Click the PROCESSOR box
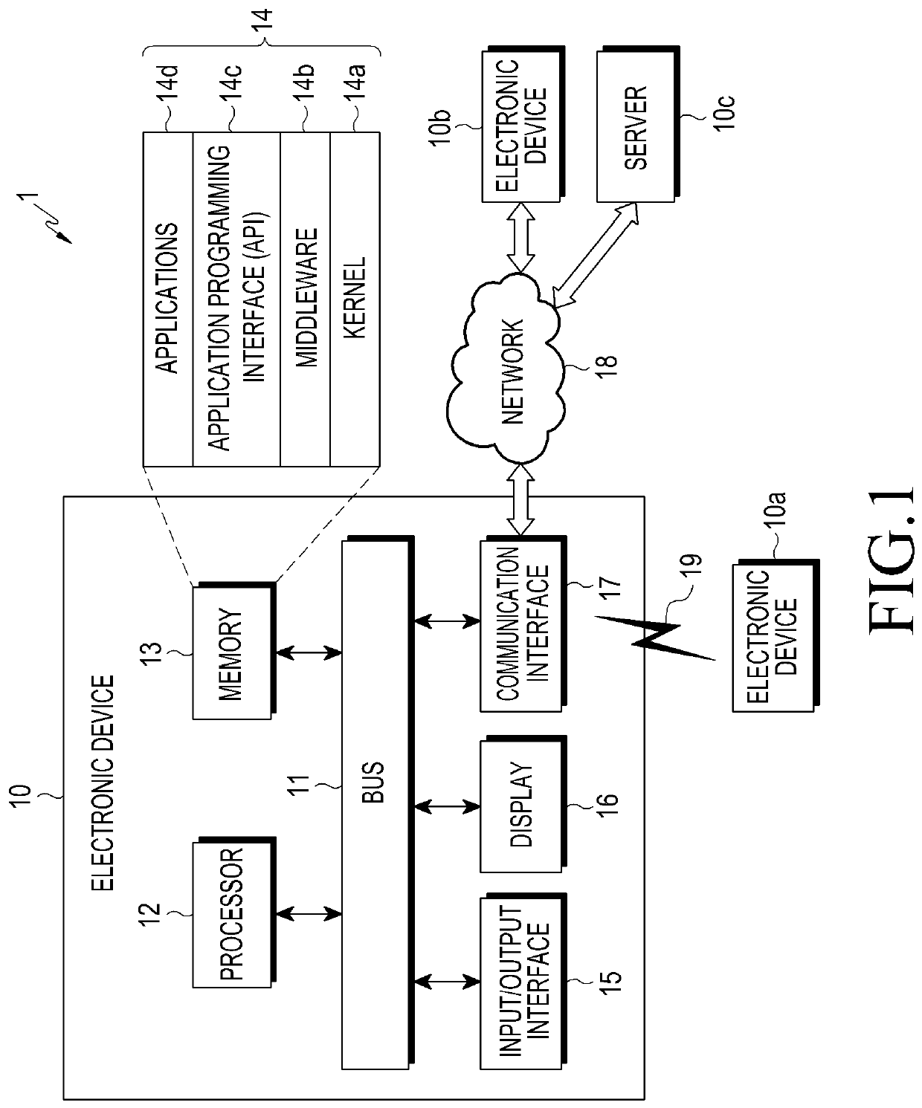tap(234, 913)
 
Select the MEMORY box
tap(234, 652)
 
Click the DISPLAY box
tap(523, 805)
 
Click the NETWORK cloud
tap(505, 369)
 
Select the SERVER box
tap(638, 125)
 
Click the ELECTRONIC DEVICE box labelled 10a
tap(776, 635)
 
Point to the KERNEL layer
tap(355, 299)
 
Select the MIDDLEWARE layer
tap(306, 299)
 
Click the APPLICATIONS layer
tap(168, 299)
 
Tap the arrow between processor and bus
tap(309, 914)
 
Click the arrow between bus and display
tap(447, 807)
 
